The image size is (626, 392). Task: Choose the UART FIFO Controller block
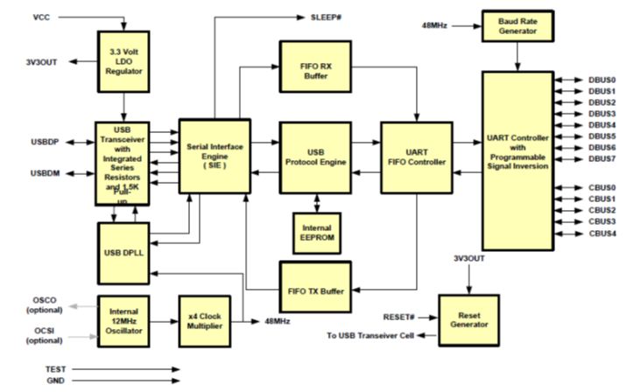[414, 156]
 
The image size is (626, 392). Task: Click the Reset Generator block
[469, 317]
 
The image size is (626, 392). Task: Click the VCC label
[41, 17]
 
